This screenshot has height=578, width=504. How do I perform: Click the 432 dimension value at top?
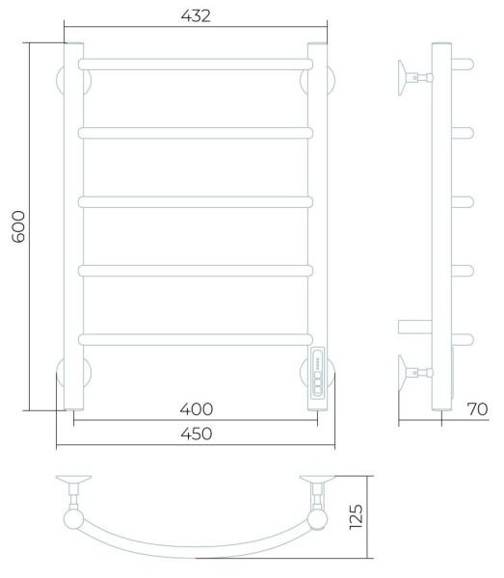pyautogui.click(x=196, y=15)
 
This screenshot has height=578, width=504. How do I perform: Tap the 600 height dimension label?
pyautogui.click(x=18, y=226)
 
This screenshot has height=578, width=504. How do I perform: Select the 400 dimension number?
pyautogui.click(x=197, y=409)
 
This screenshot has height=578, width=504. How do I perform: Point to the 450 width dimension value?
pyautogui.click(x=197, y=433)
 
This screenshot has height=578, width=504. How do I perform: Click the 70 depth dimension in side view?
pyautogui.click(x=477, y=408)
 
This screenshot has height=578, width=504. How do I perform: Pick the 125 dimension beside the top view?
pyautogui.click(x=357, y=517)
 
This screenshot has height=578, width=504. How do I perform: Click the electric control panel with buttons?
pyautogui.click(x=317, y=373)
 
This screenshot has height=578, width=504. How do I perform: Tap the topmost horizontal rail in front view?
pyautogui.click(x=196, y=65)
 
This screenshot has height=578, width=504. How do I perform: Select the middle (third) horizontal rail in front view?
pyautogui.click(x=196, y=202)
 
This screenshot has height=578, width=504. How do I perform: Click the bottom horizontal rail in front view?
pyautogui.click(x=196, y=339)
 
